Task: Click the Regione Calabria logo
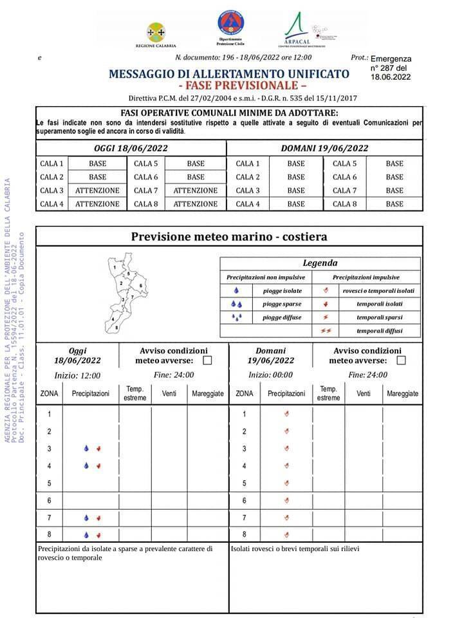tap(156, 33)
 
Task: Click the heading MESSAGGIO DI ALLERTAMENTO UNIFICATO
tap(228, 74)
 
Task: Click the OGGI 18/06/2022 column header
tap(131, 148)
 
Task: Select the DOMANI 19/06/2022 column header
tap(324, 148)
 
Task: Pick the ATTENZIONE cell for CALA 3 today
tap(97, 191)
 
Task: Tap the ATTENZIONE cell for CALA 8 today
tap(195, 204)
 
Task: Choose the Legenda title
tap(320, 263)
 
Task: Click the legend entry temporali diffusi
tap(379, 331)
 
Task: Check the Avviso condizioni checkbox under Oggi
tap(207, 360)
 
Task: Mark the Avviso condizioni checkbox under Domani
tap(401, 360)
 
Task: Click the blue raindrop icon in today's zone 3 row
tap(86, 449)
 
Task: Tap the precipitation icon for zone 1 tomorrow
tap(286, 414)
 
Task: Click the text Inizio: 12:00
tap(77, 375)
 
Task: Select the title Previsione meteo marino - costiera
tap(229, 237)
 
